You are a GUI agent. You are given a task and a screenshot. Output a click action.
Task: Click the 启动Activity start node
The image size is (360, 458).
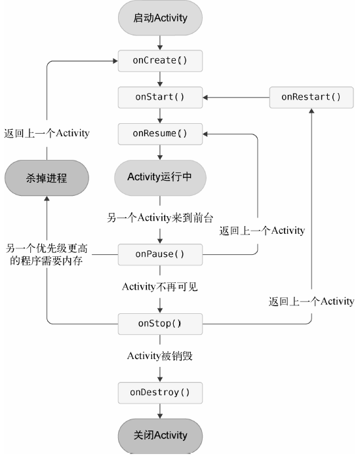(160, 18)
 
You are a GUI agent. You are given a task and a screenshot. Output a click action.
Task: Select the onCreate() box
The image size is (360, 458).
(160, 60)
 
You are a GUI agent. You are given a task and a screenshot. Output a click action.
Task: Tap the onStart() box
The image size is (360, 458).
(160, 97)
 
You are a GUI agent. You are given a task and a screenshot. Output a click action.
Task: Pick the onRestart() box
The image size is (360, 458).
(311, 97)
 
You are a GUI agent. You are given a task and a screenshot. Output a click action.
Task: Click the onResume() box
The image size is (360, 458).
(160, 134)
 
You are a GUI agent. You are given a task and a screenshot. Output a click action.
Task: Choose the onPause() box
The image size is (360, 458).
(160, 254)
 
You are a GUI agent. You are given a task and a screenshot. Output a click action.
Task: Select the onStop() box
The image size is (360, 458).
(160, 323)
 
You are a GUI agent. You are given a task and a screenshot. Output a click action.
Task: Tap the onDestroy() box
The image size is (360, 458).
(160, 392)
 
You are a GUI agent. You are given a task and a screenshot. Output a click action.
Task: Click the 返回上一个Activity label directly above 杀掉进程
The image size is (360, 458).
(46, 133)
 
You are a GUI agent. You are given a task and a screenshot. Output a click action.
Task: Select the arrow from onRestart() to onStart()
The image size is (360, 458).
(236, 97)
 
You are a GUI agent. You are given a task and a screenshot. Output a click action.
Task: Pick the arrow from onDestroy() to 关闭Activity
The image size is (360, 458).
(160, 411)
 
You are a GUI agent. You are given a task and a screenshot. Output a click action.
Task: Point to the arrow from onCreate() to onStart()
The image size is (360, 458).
(160, 79)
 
